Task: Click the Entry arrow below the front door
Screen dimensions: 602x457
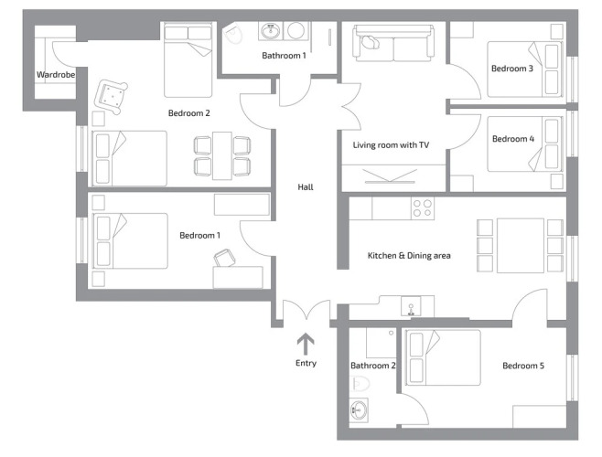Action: tap(306, 344)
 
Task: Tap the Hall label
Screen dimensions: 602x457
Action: tap(306, 186)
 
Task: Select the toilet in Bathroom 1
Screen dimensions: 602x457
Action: tap(233, 34)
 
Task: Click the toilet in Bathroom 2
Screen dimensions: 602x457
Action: tap(360, 384)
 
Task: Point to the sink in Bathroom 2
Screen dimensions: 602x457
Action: tap(359, 410)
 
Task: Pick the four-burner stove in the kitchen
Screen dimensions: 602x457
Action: tap(423, 208)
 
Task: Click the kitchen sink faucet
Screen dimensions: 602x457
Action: tap(411, 309)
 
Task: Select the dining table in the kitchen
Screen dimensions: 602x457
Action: tap(521, 246)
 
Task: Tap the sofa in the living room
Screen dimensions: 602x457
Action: tap(393, 43)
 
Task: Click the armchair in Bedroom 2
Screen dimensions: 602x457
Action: tap(111, 96)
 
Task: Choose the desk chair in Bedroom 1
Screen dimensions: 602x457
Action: tap(224, 258)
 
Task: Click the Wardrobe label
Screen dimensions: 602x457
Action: tap(56, 74)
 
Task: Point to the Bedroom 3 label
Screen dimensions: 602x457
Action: tap(512, 69)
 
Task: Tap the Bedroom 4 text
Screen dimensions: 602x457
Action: tap(513, 139)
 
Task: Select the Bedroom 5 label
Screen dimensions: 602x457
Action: tap(523, 366)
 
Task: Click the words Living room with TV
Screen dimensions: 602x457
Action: tap(391, 144)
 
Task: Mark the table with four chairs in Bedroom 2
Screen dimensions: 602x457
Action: tap(222, 155)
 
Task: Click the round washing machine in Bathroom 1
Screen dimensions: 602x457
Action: tap(296, 31)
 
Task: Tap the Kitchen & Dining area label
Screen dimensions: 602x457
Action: tap(409, 255)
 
